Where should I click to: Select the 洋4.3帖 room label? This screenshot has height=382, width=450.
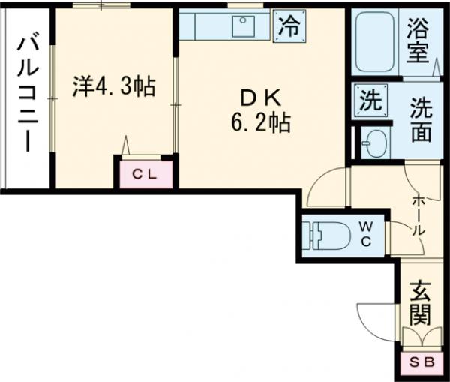click(x=113, y=87)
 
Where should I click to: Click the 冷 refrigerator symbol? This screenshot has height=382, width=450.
click(x=288, y=28)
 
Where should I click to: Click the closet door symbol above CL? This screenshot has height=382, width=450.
click(x=127, y=144)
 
